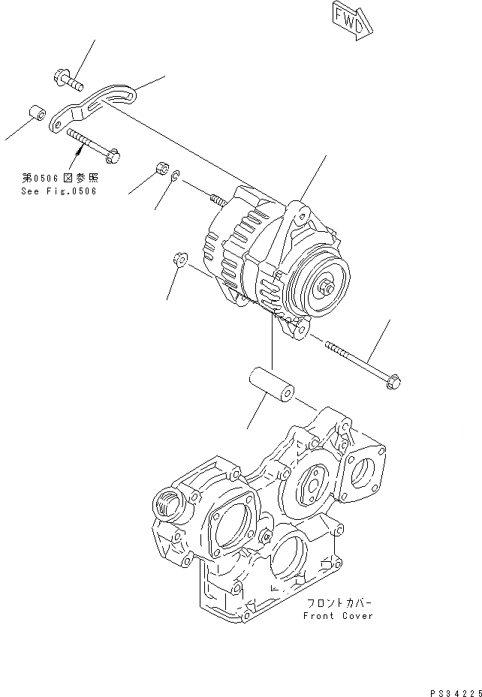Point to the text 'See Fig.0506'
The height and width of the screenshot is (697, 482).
[x=59, y=191]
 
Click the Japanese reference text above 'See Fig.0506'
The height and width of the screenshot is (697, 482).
[x=59, y=179]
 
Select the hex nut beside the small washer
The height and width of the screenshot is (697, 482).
[x=159, y=168]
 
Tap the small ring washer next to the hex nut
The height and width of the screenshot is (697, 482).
[x=173, y=176]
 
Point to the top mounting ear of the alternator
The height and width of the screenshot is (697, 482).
[x=300, y=215]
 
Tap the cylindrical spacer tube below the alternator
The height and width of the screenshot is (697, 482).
[x=271, y=385]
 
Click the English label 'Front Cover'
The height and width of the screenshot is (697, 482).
[x=339, y=616]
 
